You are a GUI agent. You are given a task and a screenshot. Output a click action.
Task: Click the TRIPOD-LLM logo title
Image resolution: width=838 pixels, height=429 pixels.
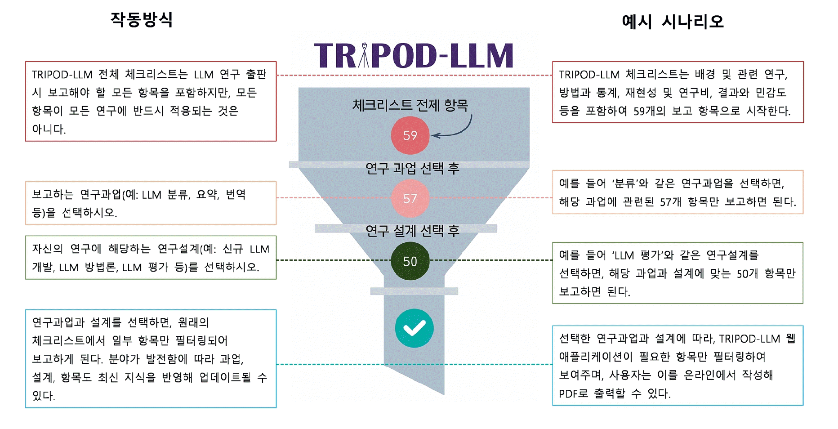click(414, 56)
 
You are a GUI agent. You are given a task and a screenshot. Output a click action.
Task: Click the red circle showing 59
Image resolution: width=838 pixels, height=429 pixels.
click(410, 135)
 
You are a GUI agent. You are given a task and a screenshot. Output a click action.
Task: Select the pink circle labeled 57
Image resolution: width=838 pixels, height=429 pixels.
click(410, 198)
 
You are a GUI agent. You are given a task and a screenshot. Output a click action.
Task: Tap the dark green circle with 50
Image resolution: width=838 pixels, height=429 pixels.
click(410, 261)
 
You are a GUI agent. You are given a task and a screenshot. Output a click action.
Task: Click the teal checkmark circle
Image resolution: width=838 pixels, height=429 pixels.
click(414, 328)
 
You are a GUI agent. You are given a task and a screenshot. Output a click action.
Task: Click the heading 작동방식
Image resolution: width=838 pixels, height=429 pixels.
click(142, 20)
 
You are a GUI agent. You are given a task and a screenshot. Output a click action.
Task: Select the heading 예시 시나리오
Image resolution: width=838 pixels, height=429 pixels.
click(673, 22)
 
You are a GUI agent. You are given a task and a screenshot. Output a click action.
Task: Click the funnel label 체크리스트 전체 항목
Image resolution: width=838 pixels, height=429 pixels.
click(410, 105)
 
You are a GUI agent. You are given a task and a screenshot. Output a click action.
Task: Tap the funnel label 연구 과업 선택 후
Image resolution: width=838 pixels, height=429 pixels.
click(412, 168)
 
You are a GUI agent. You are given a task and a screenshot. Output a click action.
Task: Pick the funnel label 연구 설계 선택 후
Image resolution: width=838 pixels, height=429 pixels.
click(412, 231)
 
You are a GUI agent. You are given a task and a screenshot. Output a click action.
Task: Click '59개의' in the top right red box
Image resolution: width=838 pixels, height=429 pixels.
click(649, 111)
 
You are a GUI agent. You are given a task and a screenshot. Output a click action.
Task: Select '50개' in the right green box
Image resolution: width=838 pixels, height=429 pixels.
click(747, 274)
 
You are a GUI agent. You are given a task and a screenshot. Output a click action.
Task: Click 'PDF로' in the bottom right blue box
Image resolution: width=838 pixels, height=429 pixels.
click(573, 394)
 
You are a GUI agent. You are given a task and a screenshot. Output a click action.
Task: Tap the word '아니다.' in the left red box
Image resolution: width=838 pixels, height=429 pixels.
click(49, 130)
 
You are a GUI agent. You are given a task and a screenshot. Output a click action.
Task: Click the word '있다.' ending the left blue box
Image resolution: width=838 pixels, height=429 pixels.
click(43, 396)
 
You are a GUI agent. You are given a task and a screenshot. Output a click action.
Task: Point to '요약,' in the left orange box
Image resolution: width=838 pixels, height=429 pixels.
click(208, 195)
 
